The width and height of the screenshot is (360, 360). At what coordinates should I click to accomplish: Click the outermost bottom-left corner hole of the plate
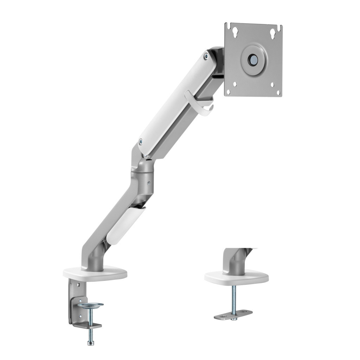[x=228, y=92]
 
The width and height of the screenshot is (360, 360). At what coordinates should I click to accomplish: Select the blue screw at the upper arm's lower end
[x=141, y=142]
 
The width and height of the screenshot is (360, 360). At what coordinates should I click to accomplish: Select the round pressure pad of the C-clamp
[x=90, y=305]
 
